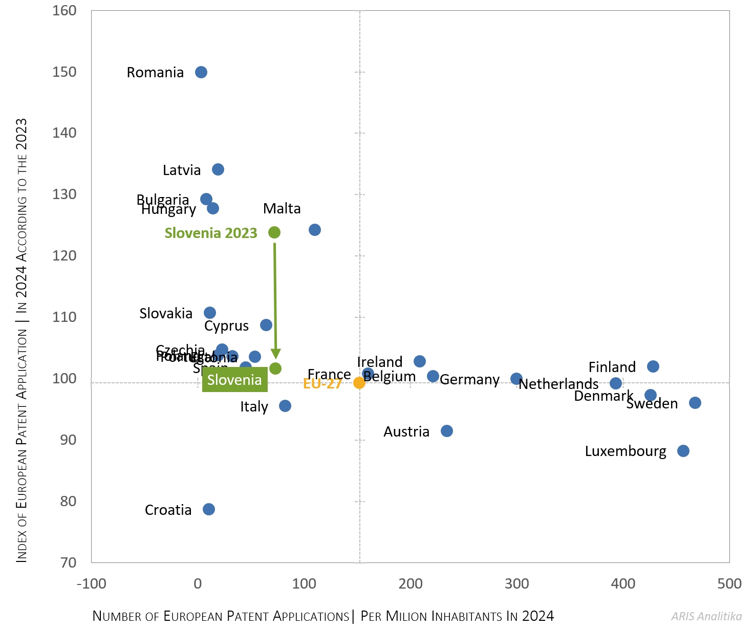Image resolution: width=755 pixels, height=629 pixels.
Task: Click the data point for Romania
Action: tap(201, 72)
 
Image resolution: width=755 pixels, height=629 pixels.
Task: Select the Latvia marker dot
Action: tap(218, 169)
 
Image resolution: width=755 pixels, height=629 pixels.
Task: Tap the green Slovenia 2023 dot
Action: tap(274, 232)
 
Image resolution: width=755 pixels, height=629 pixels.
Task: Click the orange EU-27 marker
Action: tap(359, 383)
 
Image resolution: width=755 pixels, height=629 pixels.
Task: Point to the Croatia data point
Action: tap(209, 509)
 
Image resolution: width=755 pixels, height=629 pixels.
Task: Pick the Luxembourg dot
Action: tap(683, 451)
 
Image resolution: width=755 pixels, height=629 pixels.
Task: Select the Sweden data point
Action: tap(695, 403)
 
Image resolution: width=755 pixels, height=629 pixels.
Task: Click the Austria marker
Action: tap(447, 431)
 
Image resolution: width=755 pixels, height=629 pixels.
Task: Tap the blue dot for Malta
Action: tap(315, 230)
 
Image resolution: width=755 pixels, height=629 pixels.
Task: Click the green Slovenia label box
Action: tap(234, 380)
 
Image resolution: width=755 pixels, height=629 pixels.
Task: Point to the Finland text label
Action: tap(612, 367)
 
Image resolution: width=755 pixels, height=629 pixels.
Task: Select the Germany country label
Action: tap(469, 380)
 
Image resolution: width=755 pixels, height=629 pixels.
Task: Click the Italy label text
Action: tap(254, 407)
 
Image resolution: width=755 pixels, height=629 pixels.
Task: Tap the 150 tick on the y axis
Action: tap(64, 72)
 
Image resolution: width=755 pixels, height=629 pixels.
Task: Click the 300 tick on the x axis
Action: tap(517, 584)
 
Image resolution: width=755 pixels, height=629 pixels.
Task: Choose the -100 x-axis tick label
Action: tap(91, 584)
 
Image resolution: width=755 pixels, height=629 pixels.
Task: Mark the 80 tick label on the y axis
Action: tap(68, 502)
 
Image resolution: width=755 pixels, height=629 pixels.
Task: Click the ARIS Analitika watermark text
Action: tap(706, 616)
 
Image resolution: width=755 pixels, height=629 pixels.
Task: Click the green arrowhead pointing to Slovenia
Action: tap(275, 354)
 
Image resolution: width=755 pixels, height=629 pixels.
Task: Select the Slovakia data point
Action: tap(210, 313)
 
